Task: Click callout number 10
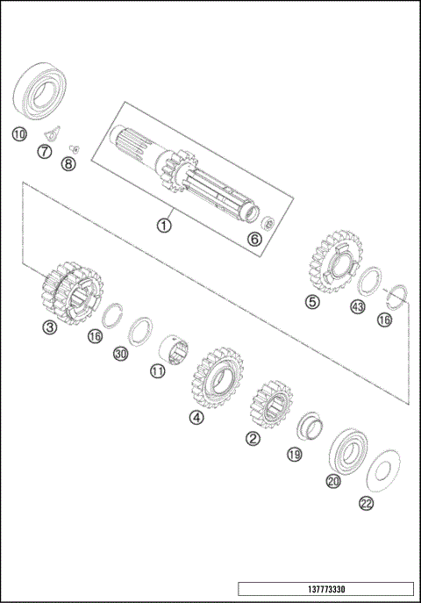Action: (18, 134)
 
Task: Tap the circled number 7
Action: (44, 152)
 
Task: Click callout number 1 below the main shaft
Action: (163, 224)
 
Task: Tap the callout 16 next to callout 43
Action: (384, 320)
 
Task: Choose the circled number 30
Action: (121, 354)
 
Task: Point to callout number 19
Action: (295, 455)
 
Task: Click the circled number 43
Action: (357, 307)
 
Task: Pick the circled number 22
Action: (365, 503)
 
